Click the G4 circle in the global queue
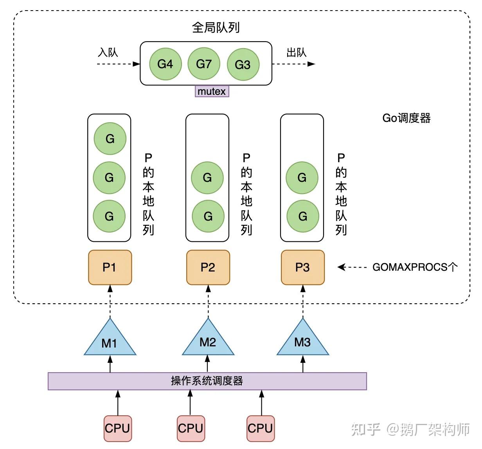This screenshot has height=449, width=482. click(x=165, y=64)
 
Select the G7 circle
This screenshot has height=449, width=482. click(x=203, y=64)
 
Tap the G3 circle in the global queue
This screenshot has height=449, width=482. click(x=243, y=65)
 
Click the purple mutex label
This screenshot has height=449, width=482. click(x=212, y=91)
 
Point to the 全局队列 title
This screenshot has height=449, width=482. click(x=216, y=27)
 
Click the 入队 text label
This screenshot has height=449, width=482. click(x=108, y=53)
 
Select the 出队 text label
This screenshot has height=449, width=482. click(x=296, y=53)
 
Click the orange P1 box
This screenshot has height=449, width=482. click(x=110, y=267)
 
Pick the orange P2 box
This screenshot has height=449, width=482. click(x=208, y=267)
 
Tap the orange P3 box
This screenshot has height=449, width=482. click(x=302, y=267)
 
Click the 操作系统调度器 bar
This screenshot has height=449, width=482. click(x=207, y=381)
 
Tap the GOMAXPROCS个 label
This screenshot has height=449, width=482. click(x=415, y=267)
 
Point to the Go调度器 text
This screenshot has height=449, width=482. click(x=406, y=118)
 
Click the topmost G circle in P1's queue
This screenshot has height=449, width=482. click(x=110, y=138)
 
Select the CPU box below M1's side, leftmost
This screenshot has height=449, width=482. click(x=117, y=428)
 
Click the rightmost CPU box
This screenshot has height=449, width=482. click(x=260, y=428)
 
